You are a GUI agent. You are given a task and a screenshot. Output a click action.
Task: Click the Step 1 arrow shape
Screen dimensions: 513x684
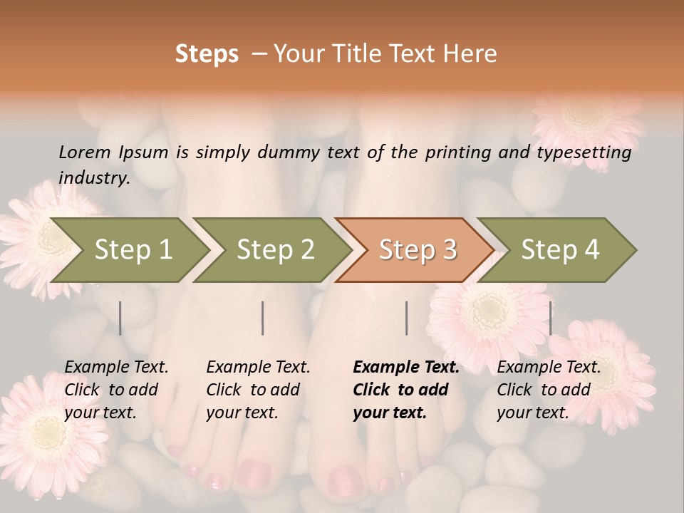pos(133,250)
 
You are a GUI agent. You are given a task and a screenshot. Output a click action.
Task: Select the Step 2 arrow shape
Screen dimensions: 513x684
pos(275,250)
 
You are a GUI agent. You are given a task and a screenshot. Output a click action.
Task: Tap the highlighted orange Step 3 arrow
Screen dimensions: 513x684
pos(418,250)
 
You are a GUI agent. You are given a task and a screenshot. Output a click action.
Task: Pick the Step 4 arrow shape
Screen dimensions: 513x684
pos(560,250)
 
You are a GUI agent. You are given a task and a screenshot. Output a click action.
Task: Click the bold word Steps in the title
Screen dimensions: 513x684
pos(207,54)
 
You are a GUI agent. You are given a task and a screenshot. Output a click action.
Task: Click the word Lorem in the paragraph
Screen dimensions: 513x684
pos(85,152)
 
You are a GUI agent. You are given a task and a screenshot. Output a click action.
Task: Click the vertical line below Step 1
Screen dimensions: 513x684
pos(120,318)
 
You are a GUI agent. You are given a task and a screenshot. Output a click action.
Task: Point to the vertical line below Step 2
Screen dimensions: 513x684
pos(263,318)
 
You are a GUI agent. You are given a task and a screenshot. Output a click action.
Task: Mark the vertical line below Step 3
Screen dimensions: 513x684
pos(407,318)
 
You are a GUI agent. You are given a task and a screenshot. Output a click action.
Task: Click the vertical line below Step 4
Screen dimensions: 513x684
pos(550,318)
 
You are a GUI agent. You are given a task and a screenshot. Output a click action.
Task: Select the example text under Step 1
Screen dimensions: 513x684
pos(116,390)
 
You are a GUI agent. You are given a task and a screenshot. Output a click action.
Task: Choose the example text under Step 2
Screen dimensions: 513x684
pos(258,390)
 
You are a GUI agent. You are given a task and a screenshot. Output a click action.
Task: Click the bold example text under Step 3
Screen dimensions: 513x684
pos(406,390)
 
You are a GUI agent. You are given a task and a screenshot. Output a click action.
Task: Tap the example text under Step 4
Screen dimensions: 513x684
pos(549,390)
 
